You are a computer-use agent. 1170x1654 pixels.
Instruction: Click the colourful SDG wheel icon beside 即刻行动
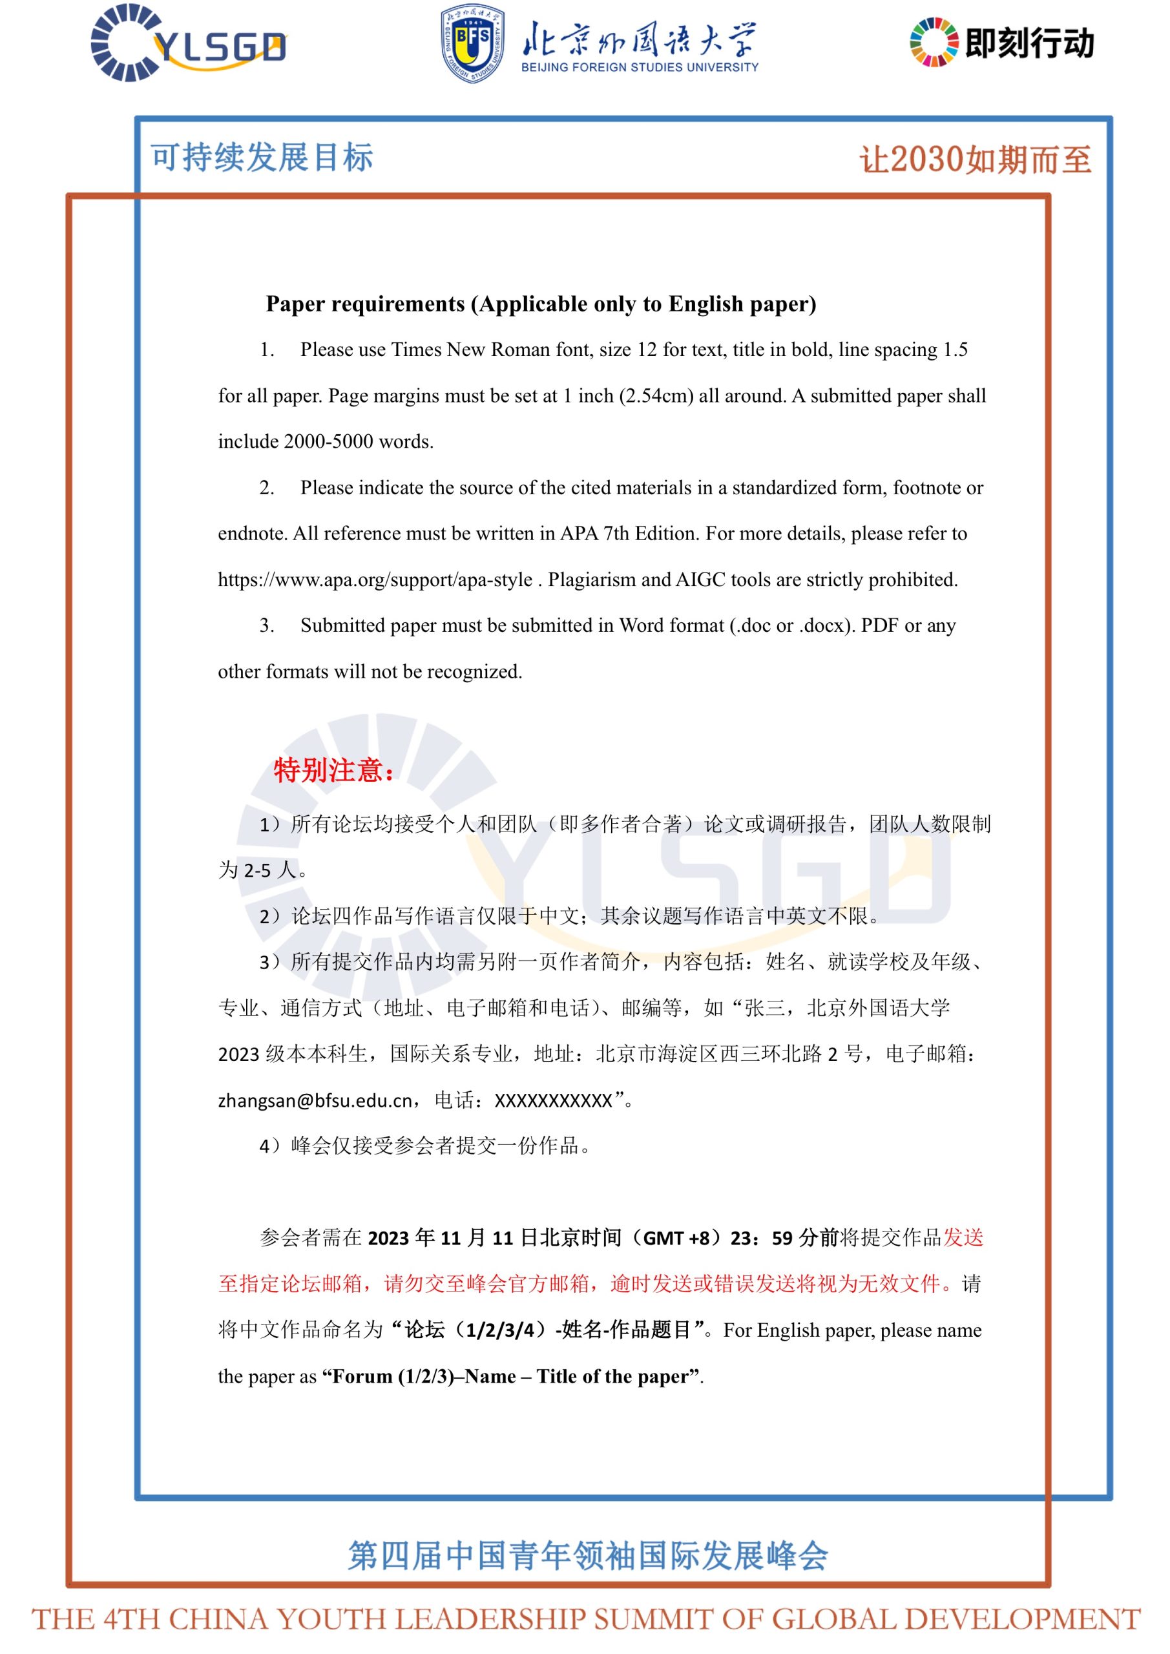(x=934, y=43)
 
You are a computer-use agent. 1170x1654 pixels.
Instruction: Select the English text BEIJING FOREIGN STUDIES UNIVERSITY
(x=640, y=68)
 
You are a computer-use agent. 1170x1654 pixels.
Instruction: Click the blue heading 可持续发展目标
(x=262, y=157)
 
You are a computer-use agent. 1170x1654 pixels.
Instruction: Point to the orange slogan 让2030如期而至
(x=975, y=159)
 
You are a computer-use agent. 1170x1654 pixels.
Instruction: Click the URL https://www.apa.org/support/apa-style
(x=375, y=580)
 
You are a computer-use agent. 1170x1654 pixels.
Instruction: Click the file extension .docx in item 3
(x=821, y=626)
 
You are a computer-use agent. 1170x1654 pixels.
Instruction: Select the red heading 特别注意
(x=332, y=771)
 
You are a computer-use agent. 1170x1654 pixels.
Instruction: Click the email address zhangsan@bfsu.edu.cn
(x=315, y=1101)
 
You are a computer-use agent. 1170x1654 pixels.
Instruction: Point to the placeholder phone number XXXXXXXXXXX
(x=553, y=1101)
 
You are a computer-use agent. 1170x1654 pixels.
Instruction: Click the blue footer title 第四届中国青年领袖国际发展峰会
(x=588, y=1555)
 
